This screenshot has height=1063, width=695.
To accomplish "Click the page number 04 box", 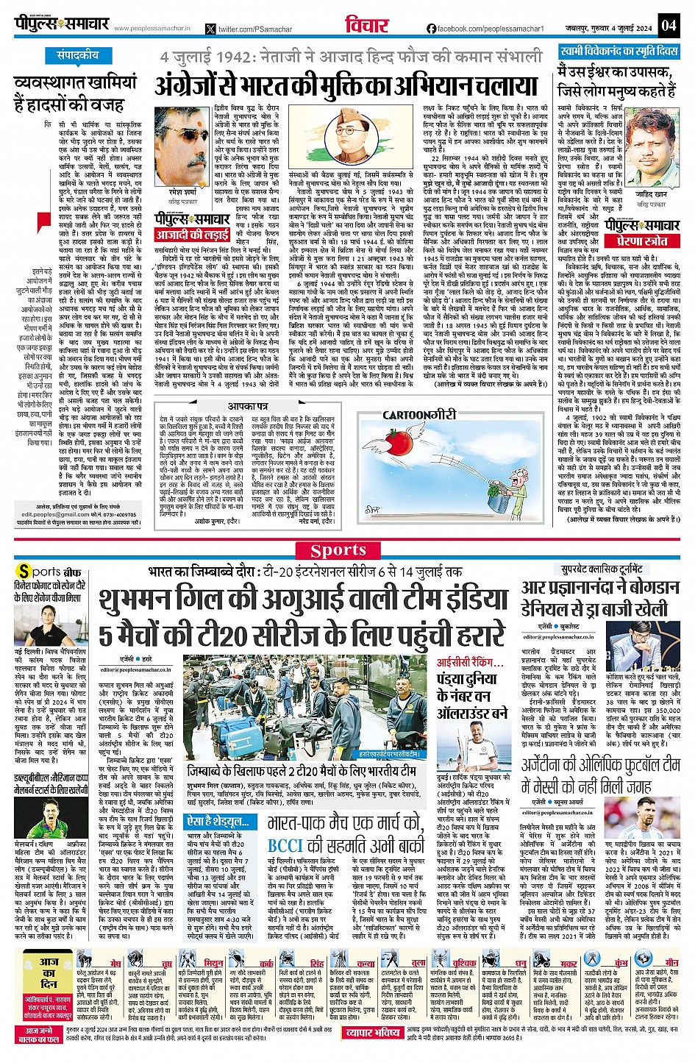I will click(668, 25).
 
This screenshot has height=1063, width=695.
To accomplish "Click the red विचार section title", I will click(366, 25).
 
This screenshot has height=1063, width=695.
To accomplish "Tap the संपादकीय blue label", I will click(77, 56).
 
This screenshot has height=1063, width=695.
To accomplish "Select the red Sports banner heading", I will click(338, 550).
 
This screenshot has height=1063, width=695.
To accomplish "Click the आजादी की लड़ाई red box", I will click(192, 235).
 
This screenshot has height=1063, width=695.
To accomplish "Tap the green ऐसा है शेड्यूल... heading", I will click(213, 821).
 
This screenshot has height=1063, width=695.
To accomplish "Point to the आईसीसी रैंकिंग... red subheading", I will click(470, 662).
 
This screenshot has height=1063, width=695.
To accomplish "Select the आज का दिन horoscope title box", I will click(49, 973).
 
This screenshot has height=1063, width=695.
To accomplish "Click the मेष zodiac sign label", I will click(116, 963).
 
